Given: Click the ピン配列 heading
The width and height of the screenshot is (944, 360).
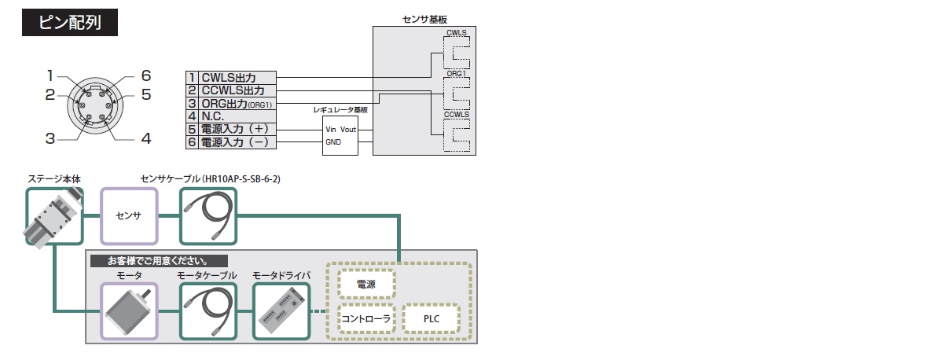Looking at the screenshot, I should pos(71,22).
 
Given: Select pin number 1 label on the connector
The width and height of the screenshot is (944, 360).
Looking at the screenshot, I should pos(50,76).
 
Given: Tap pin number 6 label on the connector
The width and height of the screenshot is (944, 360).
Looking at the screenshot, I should pos(145,76).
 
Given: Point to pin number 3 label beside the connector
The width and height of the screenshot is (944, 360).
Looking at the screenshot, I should pos(50,139).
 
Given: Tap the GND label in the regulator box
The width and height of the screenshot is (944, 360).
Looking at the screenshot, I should pos(333,142).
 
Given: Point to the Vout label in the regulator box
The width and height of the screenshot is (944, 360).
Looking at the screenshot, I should pos(348,129).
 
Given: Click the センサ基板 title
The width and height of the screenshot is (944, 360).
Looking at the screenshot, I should pos(424,18).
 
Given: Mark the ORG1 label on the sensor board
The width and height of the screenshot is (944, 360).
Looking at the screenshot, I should pos(457,73).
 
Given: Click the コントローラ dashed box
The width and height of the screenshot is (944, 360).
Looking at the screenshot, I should pos(366,318).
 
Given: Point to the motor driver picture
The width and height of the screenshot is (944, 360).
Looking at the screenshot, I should pos(281,311).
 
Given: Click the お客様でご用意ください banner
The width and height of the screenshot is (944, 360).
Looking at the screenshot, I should pos(158,260).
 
